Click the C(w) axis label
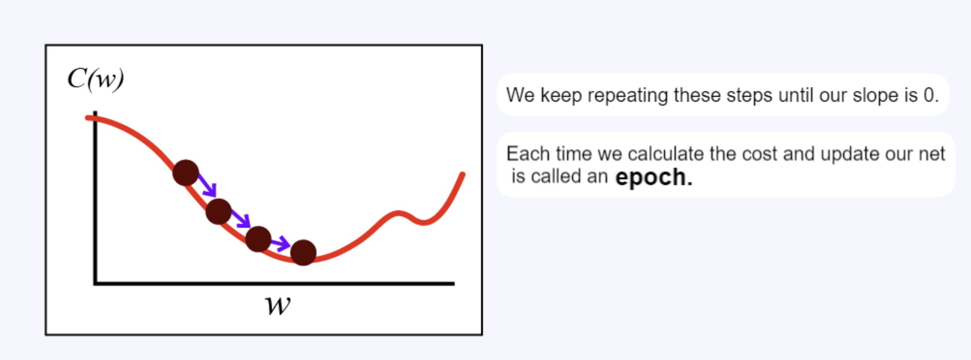coord(96,79)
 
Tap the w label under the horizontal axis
coord(278,306)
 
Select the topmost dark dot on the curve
coord(186,172)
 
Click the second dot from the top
coord(218,212)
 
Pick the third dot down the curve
coord(258,239)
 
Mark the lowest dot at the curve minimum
coord(303,253)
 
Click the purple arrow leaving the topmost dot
coord(207,185)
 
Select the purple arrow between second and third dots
coord(241,219)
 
